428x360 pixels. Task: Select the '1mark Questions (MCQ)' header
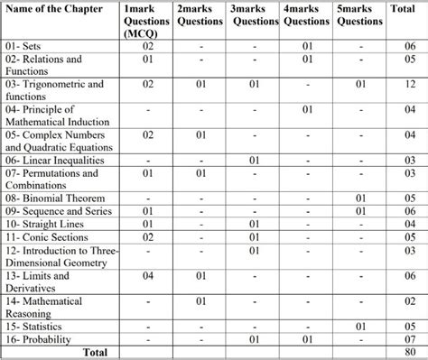pos(147,21)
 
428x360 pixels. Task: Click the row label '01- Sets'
pos(25,44)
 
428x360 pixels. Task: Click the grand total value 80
pos(410,350)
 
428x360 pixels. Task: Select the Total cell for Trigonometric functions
pos(410,84)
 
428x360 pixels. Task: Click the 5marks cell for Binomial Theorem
pos(359,198)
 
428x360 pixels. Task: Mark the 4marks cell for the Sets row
pos(308,44)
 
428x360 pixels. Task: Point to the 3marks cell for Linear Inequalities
pos(256,160)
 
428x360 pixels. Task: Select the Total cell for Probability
pos(410,337)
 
